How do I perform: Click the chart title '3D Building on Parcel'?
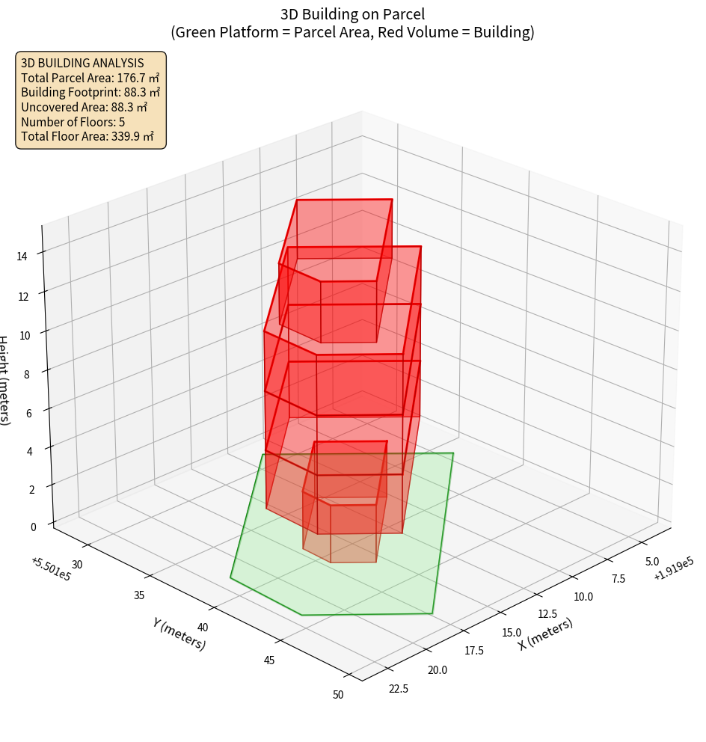click(352, 14)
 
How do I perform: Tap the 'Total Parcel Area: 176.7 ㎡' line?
click(90, 78)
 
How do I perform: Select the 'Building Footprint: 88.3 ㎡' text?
click(90, 93)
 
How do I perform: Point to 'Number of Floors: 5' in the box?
click(73, 122)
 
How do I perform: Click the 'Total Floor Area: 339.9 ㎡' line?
click(88, 137)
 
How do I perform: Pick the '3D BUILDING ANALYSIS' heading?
click(82, 64)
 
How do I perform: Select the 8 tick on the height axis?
click(27, 374)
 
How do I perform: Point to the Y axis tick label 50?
click(338, 695)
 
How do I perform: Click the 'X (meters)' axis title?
click(546, 634)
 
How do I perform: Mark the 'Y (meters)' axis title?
click(179, 634)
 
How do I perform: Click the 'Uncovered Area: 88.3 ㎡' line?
click(84, 107)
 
